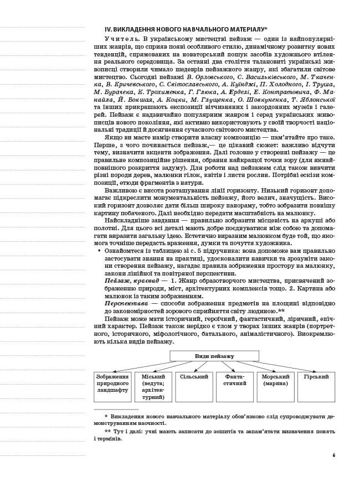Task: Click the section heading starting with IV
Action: [186, 29]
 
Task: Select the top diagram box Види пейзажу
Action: [214, 356]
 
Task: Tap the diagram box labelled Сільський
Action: [194, 386]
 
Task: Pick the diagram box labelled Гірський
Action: [316, 386]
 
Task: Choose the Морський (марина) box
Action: [275, 386]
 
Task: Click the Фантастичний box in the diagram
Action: [234, 386]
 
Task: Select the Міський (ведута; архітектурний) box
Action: [153, 386]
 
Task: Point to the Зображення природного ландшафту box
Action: [112, 386]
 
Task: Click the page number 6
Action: [333, 455]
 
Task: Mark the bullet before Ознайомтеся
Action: [99, 251]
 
